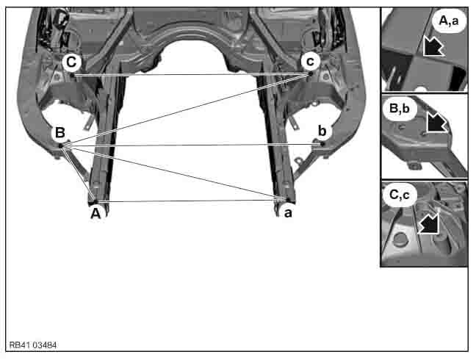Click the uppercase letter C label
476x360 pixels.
click(x=71, y=62)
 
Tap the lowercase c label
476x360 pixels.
click(x=310, y=61)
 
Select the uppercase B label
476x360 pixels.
click(x=59, y=133)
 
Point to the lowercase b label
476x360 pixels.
click(x=322, y=131)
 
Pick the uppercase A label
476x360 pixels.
click(x=95, y=214)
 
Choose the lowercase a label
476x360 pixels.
click(x=288, y=213)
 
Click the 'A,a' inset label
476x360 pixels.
click(x=449, y=21)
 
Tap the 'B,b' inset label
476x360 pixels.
click(x=399, y=108)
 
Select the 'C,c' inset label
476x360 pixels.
click(x=400, y=195)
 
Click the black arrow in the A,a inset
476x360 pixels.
click(x=433, y=46)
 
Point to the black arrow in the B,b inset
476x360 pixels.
click(x=436, y=122)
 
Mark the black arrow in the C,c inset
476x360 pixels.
click(x=429, y=223)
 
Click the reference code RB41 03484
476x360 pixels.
click(x=33, y=345)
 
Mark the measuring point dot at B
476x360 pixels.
click(x=60, y=145)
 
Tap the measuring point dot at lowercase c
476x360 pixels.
click(x=310, y=73)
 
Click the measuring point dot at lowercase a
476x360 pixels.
click(x=287, y=199)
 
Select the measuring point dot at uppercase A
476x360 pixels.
click(x=95, y=201)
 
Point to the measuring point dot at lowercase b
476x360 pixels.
click(x=322, y=144)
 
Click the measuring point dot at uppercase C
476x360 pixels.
click(x=72, y=74)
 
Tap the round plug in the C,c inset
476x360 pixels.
click(x=399, y=239)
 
